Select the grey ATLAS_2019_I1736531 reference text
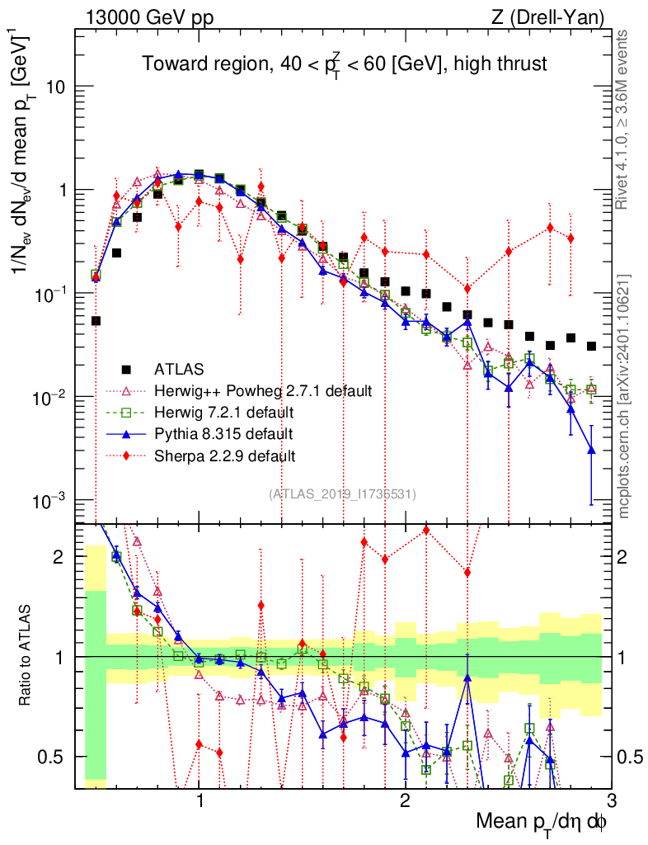[343, 493]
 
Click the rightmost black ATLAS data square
[591, 346]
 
